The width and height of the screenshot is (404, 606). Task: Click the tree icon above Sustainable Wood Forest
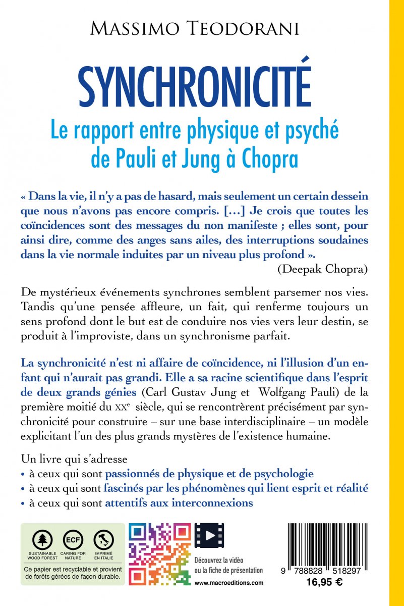click(x=43, y=540)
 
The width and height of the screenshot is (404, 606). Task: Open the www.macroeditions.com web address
click(x=228, y=582)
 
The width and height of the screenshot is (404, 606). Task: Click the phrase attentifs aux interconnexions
click(x=179, y=503)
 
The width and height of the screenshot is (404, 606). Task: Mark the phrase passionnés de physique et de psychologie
click(x=209, y=474)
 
